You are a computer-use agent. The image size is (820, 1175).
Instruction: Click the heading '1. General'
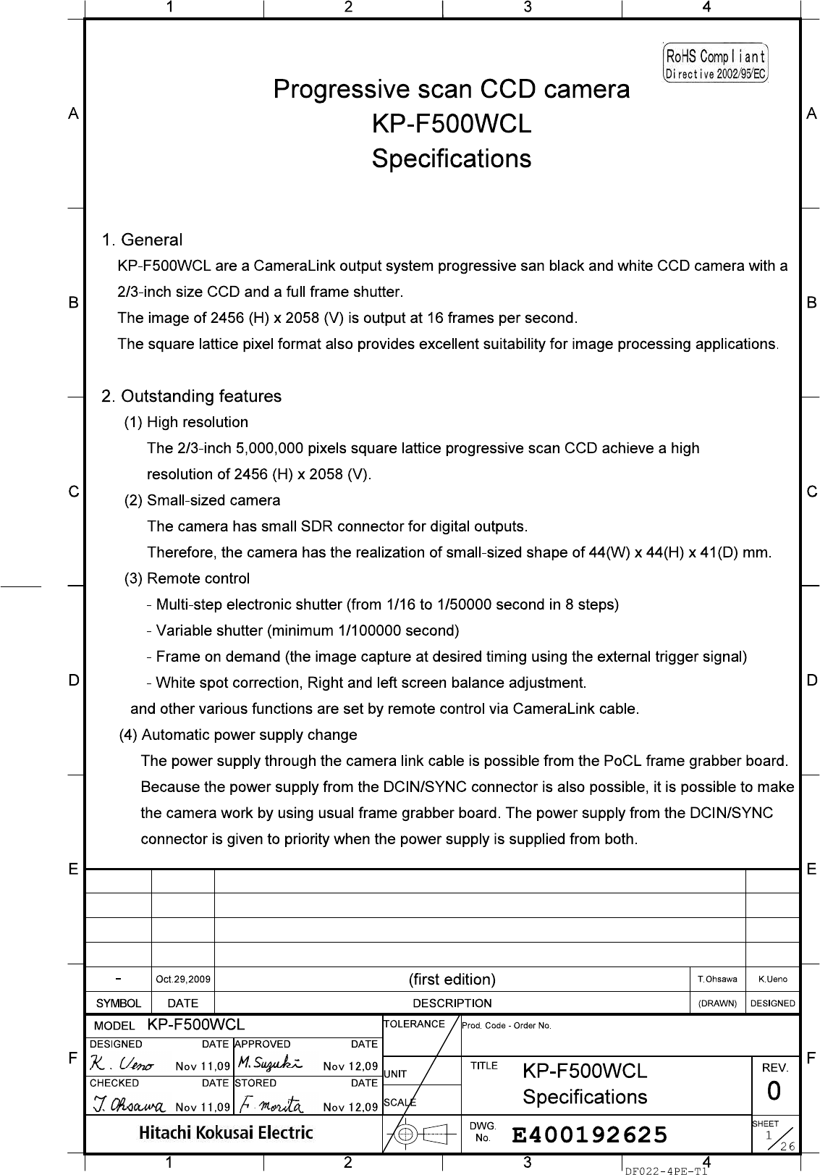click(x=142, y=240)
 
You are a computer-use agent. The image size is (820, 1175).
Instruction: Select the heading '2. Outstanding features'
click(x=192, y=397)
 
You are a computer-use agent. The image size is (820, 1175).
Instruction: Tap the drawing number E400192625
click(x=589, y=1134)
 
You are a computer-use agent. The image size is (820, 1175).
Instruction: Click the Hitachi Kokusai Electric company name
click(x=227, y=1133)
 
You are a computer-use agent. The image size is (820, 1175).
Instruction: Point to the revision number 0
click(x=774, y=1090)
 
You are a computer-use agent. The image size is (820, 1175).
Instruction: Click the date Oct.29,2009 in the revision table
click(x=183, y=980)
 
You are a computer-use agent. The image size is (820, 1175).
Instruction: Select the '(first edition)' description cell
click(x=452, y=980)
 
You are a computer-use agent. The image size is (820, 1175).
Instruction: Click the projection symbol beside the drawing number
click(x=420, y=1134)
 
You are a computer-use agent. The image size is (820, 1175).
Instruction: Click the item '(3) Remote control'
click(x=187, y=578)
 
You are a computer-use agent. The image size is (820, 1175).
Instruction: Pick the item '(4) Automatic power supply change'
click(x=238, y=735)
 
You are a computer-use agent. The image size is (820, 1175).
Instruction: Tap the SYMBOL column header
click(x=119, y=1003)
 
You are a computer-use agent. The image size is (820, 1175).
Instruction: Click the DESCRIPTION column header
click(x=452, y=1003)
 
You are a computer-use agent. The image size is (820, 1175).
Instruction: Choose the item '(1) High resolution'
click(x=187, y=422)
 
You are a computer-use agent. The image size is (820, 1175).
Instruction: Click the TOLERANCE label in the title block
click(x=413, y=1024)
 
